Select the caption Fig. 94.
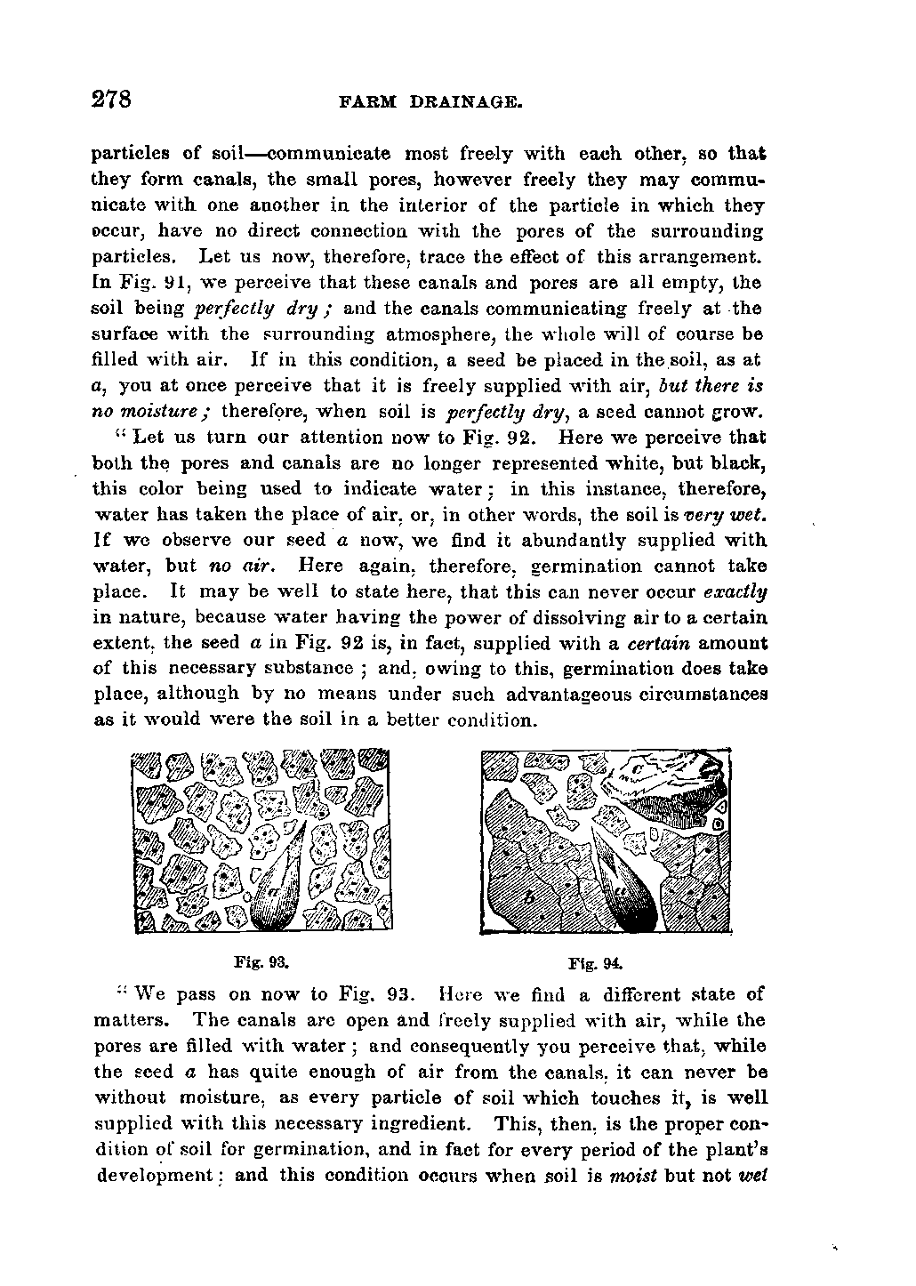[596, 962]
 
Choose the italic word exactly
[735, 591]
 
